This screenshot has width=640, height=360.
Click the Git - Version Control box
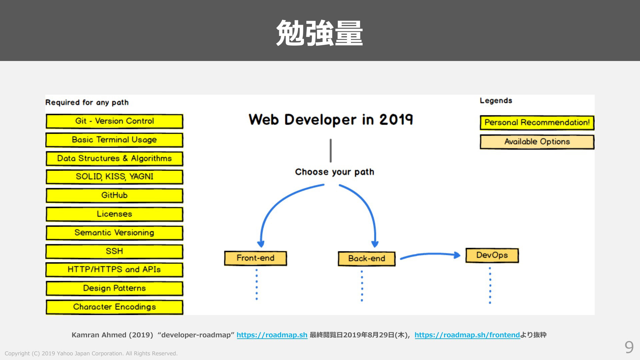114,121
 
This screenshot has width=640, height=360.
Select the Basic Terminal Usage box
114,140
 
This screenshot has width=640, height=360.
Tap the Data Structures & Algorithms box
114,159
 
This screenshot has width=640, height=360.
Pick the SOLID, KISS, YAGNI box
114,177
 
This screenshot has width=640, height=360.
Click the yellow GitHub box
114,196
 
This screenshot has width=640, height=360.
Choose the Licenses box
114,214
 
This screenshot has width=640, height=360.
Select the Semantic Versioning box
114,233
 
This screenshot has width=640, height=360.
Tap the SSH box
114,252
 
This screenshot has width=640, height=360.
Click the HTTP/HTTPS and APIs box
114,270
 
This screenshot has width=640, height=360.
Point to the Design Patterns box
114,289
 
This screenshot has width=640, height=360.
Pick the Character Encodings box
114,307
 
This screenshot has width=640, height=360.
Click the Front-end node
256,258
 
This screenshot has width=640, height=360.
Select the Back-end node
367,259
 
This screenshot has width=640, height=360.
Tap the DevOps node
492,256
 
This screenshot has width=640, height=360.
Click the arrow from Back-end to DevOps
430,254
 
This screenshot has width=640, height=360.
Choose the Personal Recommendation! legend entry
537,123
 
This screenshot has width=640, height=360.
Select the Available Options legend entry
537,142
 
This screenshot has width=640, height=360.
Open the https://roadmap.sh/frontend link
467,335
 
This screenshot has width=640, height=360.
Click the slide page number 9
629,347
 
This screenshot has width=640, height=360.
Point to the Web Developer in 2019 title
331,119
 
